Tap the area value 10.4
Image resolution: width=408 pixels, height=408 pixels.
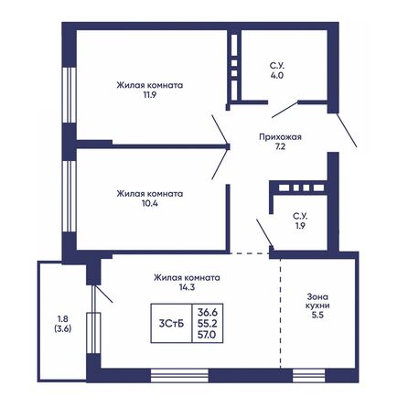149,204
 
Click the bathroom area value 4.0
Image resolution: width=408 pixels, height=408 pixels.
275,75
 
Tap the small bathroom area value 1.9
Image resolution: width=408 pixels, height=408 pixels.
298,226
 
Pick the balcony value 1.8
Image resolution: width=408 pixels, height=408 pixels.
61,318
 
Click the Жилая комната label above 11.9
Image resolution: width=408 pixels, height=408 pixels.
149,84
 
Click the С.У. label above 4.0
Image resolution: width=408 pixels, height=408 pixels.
275,65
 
